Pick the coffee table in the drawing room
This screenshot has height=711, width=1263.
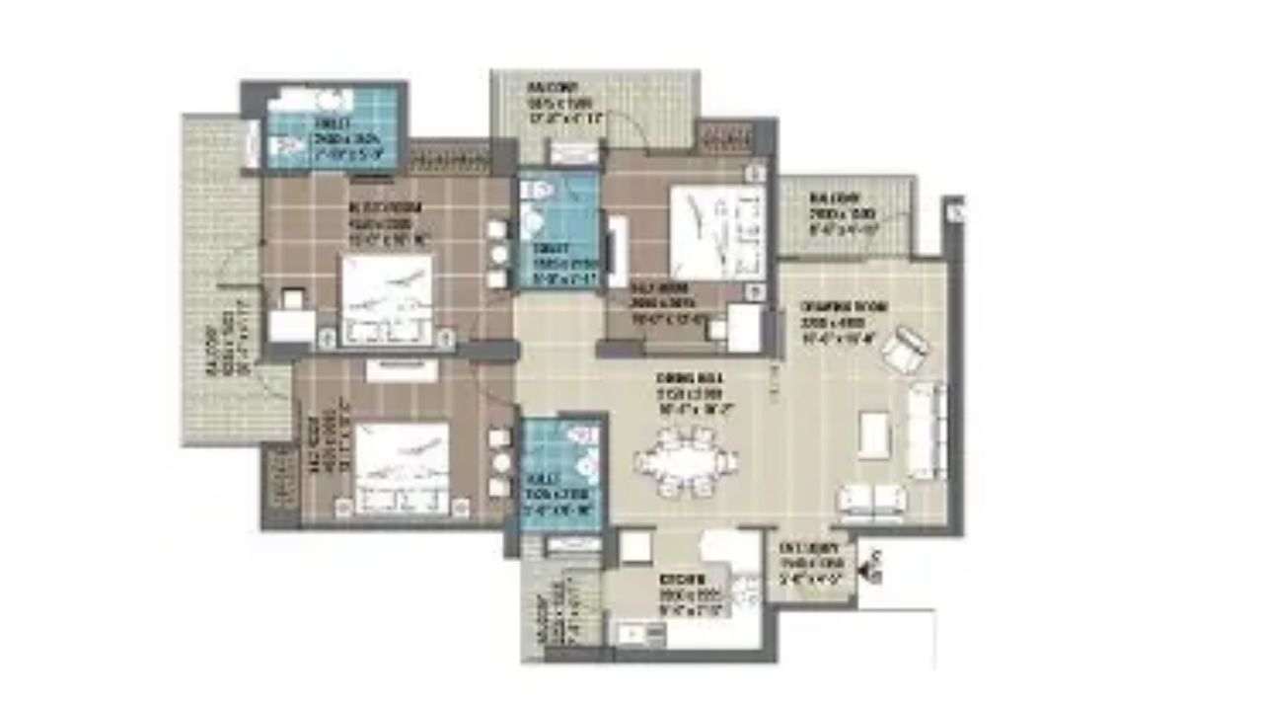(873, 434)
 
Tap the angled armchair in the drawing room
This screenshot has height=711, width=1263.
(905, 350)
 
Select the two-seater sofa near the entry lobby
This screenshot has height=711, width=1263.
(869, 501)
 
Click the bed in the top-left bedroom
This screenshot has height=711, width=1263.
(386, 299)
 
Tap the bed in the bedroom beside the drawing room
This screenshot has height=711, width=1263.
(716, 232)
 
